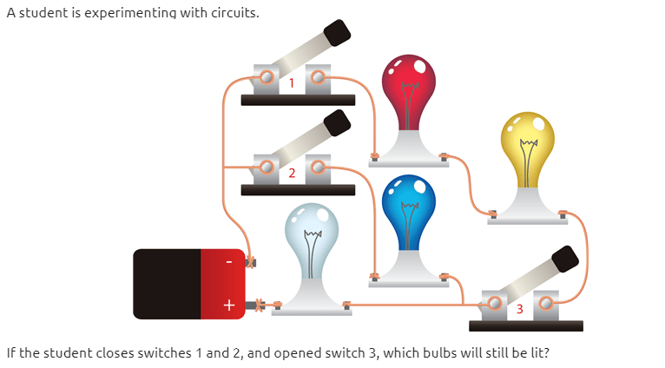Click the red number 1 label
(292, 82)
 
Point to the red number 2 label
(292, 173)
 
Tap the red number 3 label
(520, 309)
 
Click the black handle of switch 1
(337, 33)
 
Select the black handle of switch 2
(337, 123)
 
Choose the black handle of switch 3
(565, 259)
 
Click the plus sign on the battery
(229, 305)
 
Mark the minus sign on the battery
(229, 262)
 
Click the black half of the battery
(167, 284)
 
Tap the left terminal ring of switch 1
(267, 77)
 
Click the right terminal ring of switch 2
(318, 168)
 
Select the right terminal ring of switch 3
(546, 304)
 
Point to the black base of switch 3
(526, 326)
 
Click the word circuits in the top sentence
(235, 13)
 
